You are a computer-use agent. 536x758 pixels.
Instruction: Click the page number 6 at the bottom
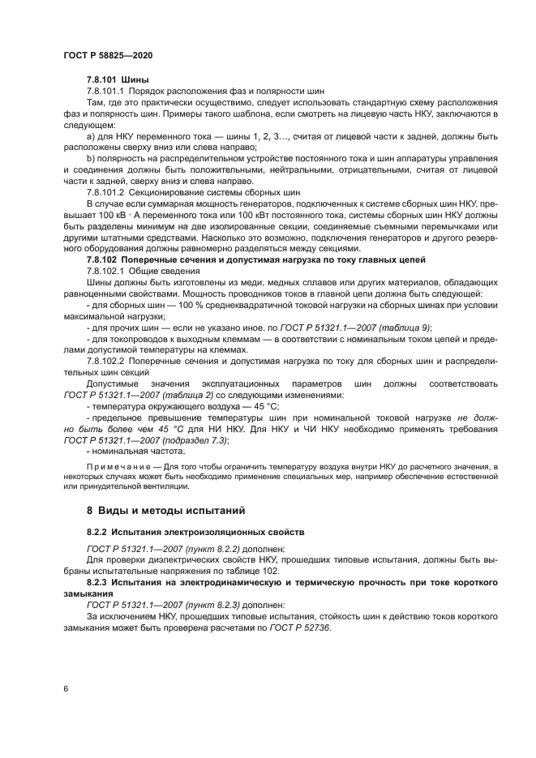coord(65,688)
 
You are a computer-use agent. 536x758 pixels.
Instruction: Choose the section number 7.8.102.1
coord(105,270)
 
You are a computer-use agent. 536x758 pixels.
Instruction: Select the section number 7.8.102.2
coord(105,360)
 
